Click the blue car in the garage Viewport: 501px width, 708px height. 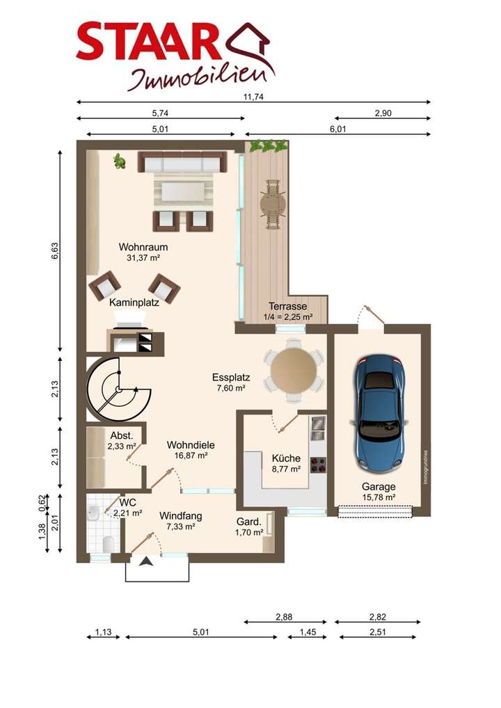[x=379, y=412]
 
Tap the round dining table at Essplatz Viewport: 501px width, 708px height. [x=294, y=370]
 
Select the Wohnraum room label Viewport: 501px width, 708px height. [x=143, y=247]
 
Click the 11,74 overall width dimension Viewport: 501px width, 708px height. [x=253, y=97]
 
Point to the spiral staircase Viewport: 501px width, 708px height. [x=118, y=389]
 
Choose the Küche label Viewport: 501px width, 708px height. [x=286, y=458]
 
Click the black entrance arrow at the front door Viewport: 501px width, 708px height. [x=146, y=561]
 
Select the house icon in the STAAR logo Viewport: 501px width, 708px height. [x=249, y=45]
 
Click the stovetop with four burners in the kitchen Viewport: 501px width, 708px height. [x=318, y=465]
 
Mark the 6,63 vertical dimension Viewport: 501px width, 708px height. [x=55, y=251]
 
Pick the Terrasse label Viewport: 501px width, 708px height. [x=288, y=306]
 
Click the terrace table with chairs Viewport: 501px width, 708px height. [x=273, y=204]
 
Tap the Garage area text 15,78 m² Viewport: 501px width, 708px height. [x=379, y=497]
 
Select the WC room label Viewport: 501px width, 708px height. [x=128, y=503]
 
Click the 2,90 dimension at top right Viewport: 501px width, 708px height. [x=383, y=113]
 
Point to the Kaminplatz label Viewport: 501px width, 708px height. [x=134, y=303]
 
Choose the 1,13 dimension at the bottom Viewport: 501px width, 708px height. [x=104, y=631]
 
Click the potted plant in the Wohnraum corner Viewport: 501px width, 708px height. [x=119, y=161]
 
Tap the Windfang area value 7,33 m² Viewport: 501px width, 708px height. [x=181, y=526]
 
